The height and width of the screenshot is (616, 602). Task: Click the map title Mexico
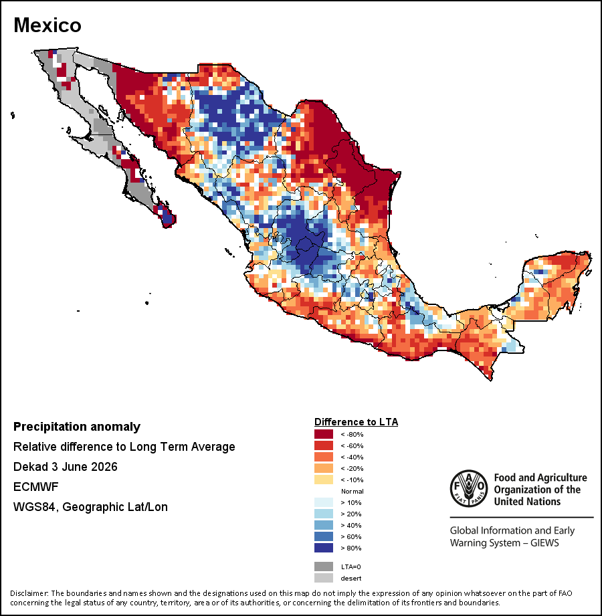pos(47,25)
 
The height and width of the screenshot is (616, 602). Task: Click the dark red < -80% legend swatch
pos(323,434)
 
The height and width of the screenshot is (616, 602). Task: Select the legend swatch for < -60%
pos(323,445)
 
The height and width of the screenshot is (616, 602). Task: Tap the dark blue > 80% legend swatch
pos(323,548)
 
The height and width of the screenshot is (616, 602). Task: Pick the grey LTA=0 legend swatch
pos(323,567)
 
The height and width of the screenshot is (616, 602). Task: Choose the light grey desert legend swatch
pos(323,578)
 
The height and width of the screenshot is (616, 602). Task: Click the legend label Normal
pos(352,491)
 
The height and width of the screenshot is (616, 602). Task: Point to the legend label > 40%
pos(351,525)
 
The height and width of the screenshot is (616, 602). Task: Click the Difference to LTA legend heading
pos(356,422)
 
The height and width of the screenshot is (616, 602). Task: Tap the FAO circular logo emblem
pos(469,488)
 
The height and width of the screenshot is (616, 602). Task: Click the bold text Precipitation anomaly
pos(77,427)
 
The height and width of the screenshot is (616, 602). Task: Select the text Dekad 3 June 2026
pos(66,467)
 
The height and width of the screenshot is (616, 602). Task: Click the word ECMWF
pos(35,487)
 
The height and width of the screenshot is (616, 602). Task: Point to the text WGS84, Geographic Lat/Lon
pos(90,507)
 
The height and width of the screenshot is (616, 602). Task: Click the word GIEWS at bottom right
pos(544,543)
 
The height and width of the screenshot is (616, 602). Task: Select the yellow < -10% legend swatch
pos(323,480)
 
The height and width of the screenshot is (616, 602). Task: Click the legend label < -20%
pos(352,468)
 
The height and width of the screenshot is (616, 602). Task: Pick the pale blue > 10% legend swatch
pos(323,502)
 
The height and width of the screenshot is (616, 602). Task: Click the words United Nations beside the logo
pos(527,502)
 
